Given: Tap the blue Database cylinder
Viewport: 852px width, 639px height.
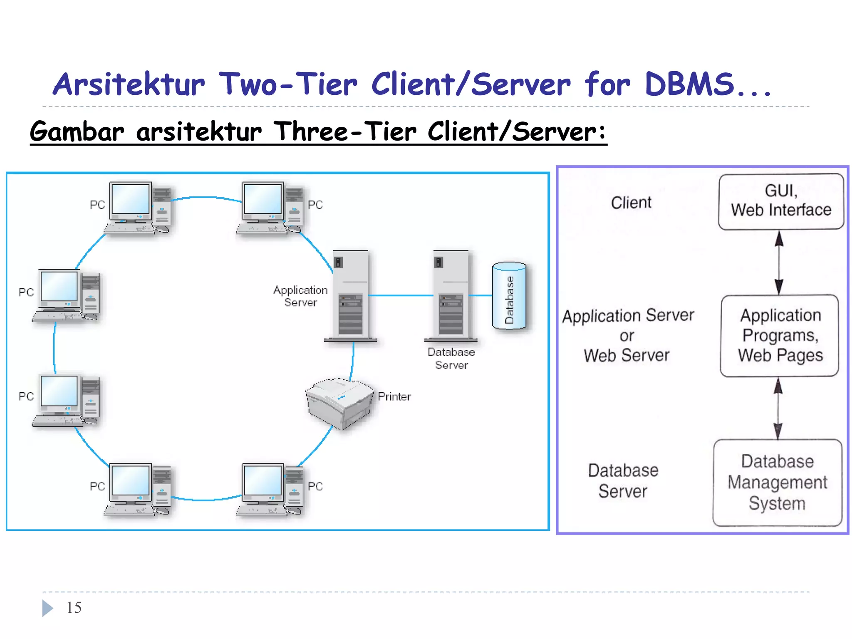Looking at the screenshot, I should pos(509,296).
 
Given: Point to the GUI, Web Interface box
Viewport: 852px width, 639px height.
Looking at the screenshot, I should pos(781,202).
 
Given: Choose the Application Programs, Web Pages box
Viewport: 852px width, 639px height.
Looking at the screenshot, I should pos(780,336).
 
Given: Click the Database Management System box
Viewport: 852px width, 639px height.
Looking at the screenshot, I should pos(777,483).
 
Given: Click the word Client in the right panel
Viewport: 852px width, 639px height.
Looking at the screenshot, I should pos(631,203).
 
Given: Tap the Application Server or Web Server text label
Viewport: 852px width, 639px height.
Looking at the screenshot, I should pos(627,335).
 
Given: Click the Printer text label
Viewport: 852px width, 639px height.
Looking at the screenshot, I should pos(394,396).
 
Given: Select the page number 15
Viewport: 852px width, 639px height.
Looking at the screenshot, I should pos(74,608).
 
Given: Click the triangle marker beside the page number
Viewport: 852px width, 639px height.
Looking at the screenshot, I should pos(47,608).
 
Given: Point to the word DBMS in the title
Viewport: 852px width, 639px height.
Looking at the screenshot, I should pos(689,84).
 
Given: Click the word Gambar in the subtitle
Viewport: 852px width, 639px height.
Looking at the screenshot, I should pos(77,132).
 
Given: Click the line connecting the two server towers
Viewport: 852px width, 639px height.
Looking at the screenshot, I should pos(401,296).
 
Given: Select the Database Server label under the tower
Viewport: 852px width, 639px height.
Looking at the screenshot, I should pos(451,359).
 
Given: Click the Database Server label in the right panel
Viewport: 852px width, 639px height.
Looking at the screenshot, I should pos(623,481).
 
